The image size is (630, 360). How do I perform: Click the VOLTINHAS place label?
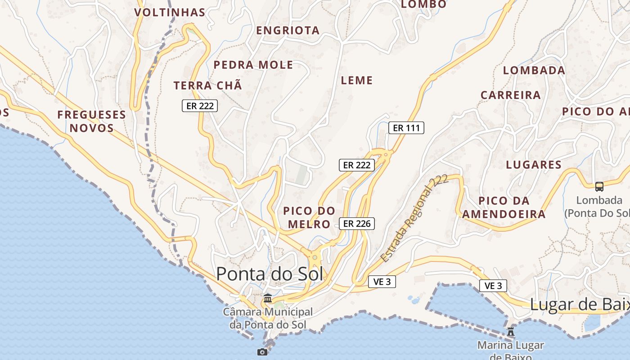pyautogui.click(x=170, y=12)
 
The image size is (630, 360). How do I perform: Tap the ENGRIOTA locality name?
pyautogui.click(x=288, y=31)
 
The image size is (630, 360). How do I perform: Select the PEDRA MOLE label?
pyautogui.click(x=253, y=65)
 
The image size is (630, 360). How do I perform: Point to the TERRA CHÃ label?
pyautogui.click(x=207, y=85)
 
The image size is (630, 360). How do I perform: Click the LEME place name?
pyautogui.click(x=357, y=81)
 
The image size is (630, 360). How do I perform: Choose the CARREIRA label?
pyautogui.click(x=510, y=95)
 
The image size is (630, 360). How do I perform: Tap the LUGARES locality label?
pyautogui.click(x=534, y=165)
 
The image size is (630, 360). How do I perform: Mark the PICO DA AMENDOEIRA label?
pyautogui.click(x=504, y=207)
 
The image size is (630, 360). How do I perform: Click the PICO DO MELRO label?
pyautogui.click(x=309, y=217)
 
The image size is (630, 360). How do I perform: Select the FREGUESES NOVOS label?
pyautogui.click(x=91, y=121)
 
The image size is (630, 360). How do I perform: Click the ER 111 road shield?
pyautogui.click(x=406, y=128)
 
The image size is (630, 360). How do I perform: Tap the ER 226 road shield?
pyautogui.click(x=356, y=224)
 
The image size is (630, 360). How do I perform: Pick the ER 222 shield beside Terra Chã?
pyautogui.click(x=200, y=106)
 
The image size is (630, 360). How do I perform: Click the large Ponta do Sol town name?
pyautogui.click(x=270, y=274)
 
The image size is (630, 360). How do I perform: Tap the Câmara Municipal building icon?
pyautogui.click(x=268, y=298)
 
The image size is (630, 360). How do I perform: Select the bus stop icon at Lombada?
pyautogui.click(x=599, y=186)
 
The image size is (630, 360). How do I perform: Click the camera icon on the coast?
pyautogui.click(x=262, y=352)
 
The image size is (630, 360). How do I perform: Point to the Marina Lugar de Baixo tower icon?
pyautogui.click(x=511, y=332)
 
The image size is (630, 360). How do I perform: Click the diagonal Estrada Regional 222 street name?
pyautogui.click(x=414, y=219)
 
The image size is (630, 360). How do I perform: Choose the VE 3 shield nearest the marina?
pyautogui.click(x=493, y=285)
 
